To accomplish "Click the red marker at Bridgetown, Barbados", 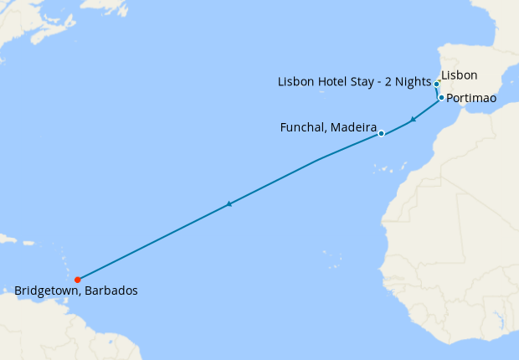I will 77,280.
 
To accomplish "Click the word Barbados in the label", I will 112,291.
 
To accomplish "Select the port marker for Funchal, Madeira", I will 381,133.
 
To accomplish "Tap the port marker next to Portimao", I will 441,98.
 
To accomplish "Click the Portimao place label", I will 472,99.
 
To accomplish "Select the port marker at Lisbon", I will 437,85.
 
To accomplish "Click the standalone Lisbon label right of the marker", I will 459,75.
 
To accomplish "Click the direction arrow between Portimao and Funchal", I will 412,120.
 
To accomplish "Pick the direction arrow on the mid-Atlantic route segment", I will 229,203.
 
